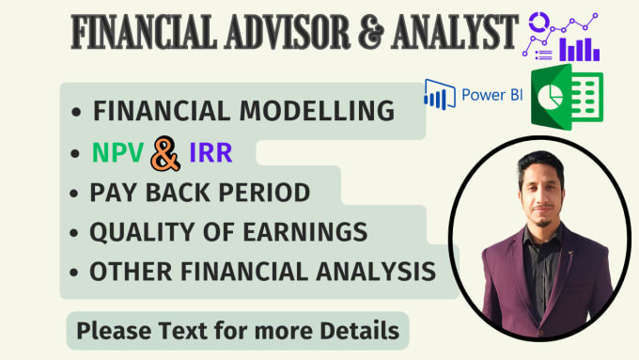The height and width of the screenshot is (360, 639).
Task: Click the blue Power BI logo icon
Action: click(x=437, y=95)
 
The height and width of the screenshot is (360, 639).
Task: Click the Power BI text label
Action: click(x=487, y=96)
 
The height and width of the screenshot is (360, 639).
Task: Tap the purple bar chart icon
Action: click(x=581, y=48)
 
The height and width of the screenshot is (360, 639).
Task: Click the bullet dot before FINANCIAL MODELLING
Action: click(x=76, y=112)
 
